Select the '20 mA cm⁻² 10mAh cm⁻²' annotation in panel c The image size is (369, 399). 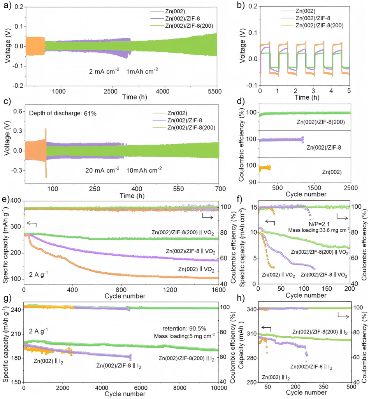pyautogui.click(x=123, y=169)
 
